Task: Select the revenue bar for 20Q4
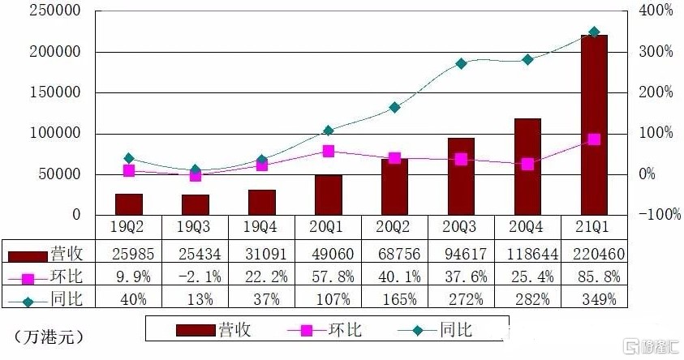[x=527, y=166]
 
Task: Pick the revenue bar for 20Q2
[x=394, y=186]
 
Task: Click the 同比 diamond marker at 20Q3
[x=461, y=63]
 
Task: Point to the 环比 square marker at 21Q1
[x=594, y=139]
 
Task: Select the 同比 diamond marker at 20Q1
[x=328, y=131]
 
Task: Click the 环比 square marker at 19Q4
[x=261, y=165]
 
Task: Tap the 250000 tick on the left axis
[x=54, y=11]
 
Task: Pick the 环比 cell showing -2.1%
[x=195, y=276]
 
